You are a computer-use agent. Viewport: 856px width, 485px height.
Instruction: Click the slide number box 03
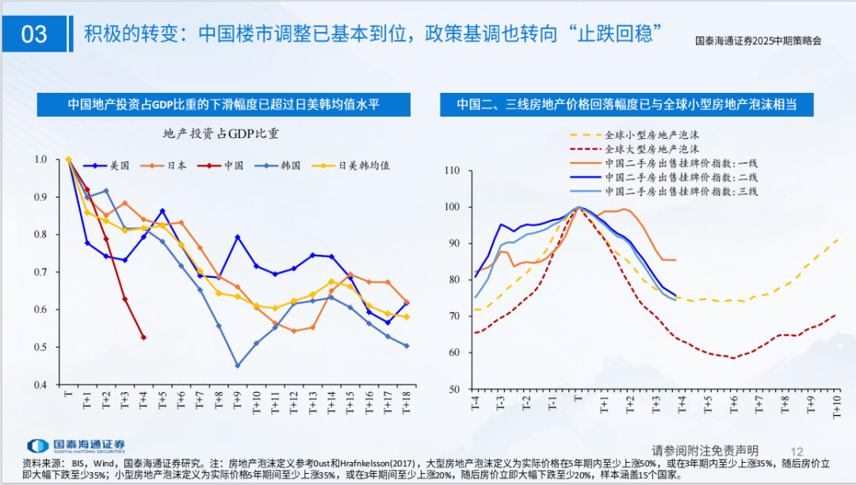36,33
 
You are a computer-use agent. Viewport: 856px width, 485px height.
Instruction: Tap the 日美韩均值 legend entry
362,166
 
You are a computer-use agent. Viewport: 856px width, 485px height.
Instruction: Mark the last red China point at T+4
143,337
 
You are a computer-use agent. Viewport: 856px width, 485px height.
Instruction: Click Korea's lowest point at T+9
237,365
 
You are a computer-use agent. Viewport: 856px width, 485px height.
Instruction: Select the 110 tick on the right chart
453,171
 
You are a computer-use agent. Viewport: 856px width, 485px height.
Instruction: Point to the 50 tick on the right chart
456,389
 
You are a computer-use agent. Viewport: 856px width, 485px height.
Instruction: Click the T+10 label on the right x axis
836,405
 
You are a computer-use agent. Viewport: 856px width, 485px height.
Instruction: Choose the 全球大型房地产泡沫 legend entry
652,148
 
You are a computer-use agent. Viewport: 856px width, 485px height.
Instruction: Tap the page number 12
797,450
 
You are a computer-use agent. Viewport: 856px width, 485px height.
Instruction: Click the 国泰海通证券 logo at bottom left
75,446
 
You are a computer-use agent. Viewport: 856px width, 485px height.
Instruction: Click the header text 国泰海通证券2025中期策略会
757,40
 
